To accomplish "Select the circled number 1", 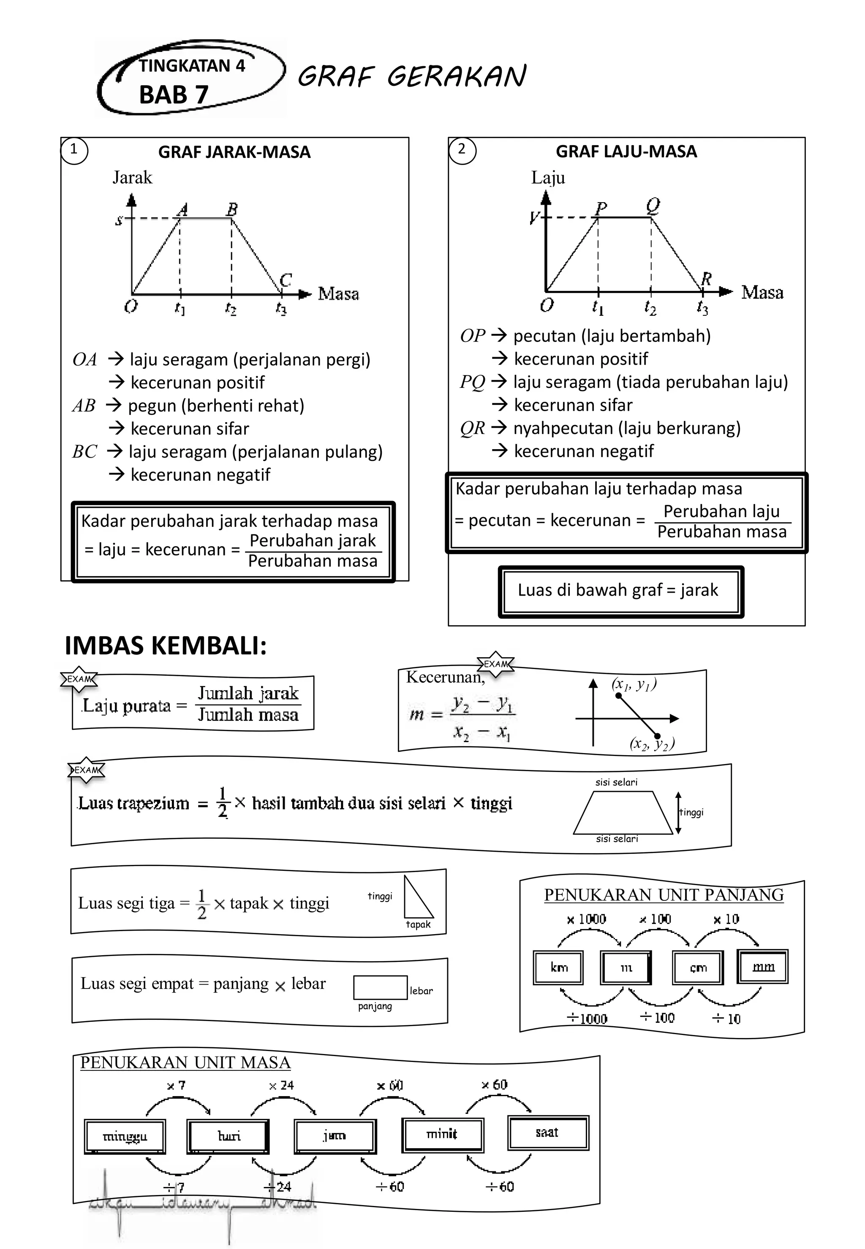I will point(74,149).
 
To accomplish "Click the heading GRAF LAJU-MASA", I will point(626,151).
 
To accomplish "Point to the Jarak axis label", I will point(132,178).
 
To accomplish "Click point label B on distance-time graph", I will point(232,209).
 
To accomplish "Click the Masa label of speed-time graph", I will point(762,293).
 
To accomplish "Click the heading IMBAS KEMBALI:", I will point(165,646).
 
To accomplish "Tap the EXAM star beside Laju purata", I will point(79,679).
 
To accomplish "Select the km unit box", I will point(558,967).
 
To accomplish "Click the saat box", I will point(547,1132).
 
